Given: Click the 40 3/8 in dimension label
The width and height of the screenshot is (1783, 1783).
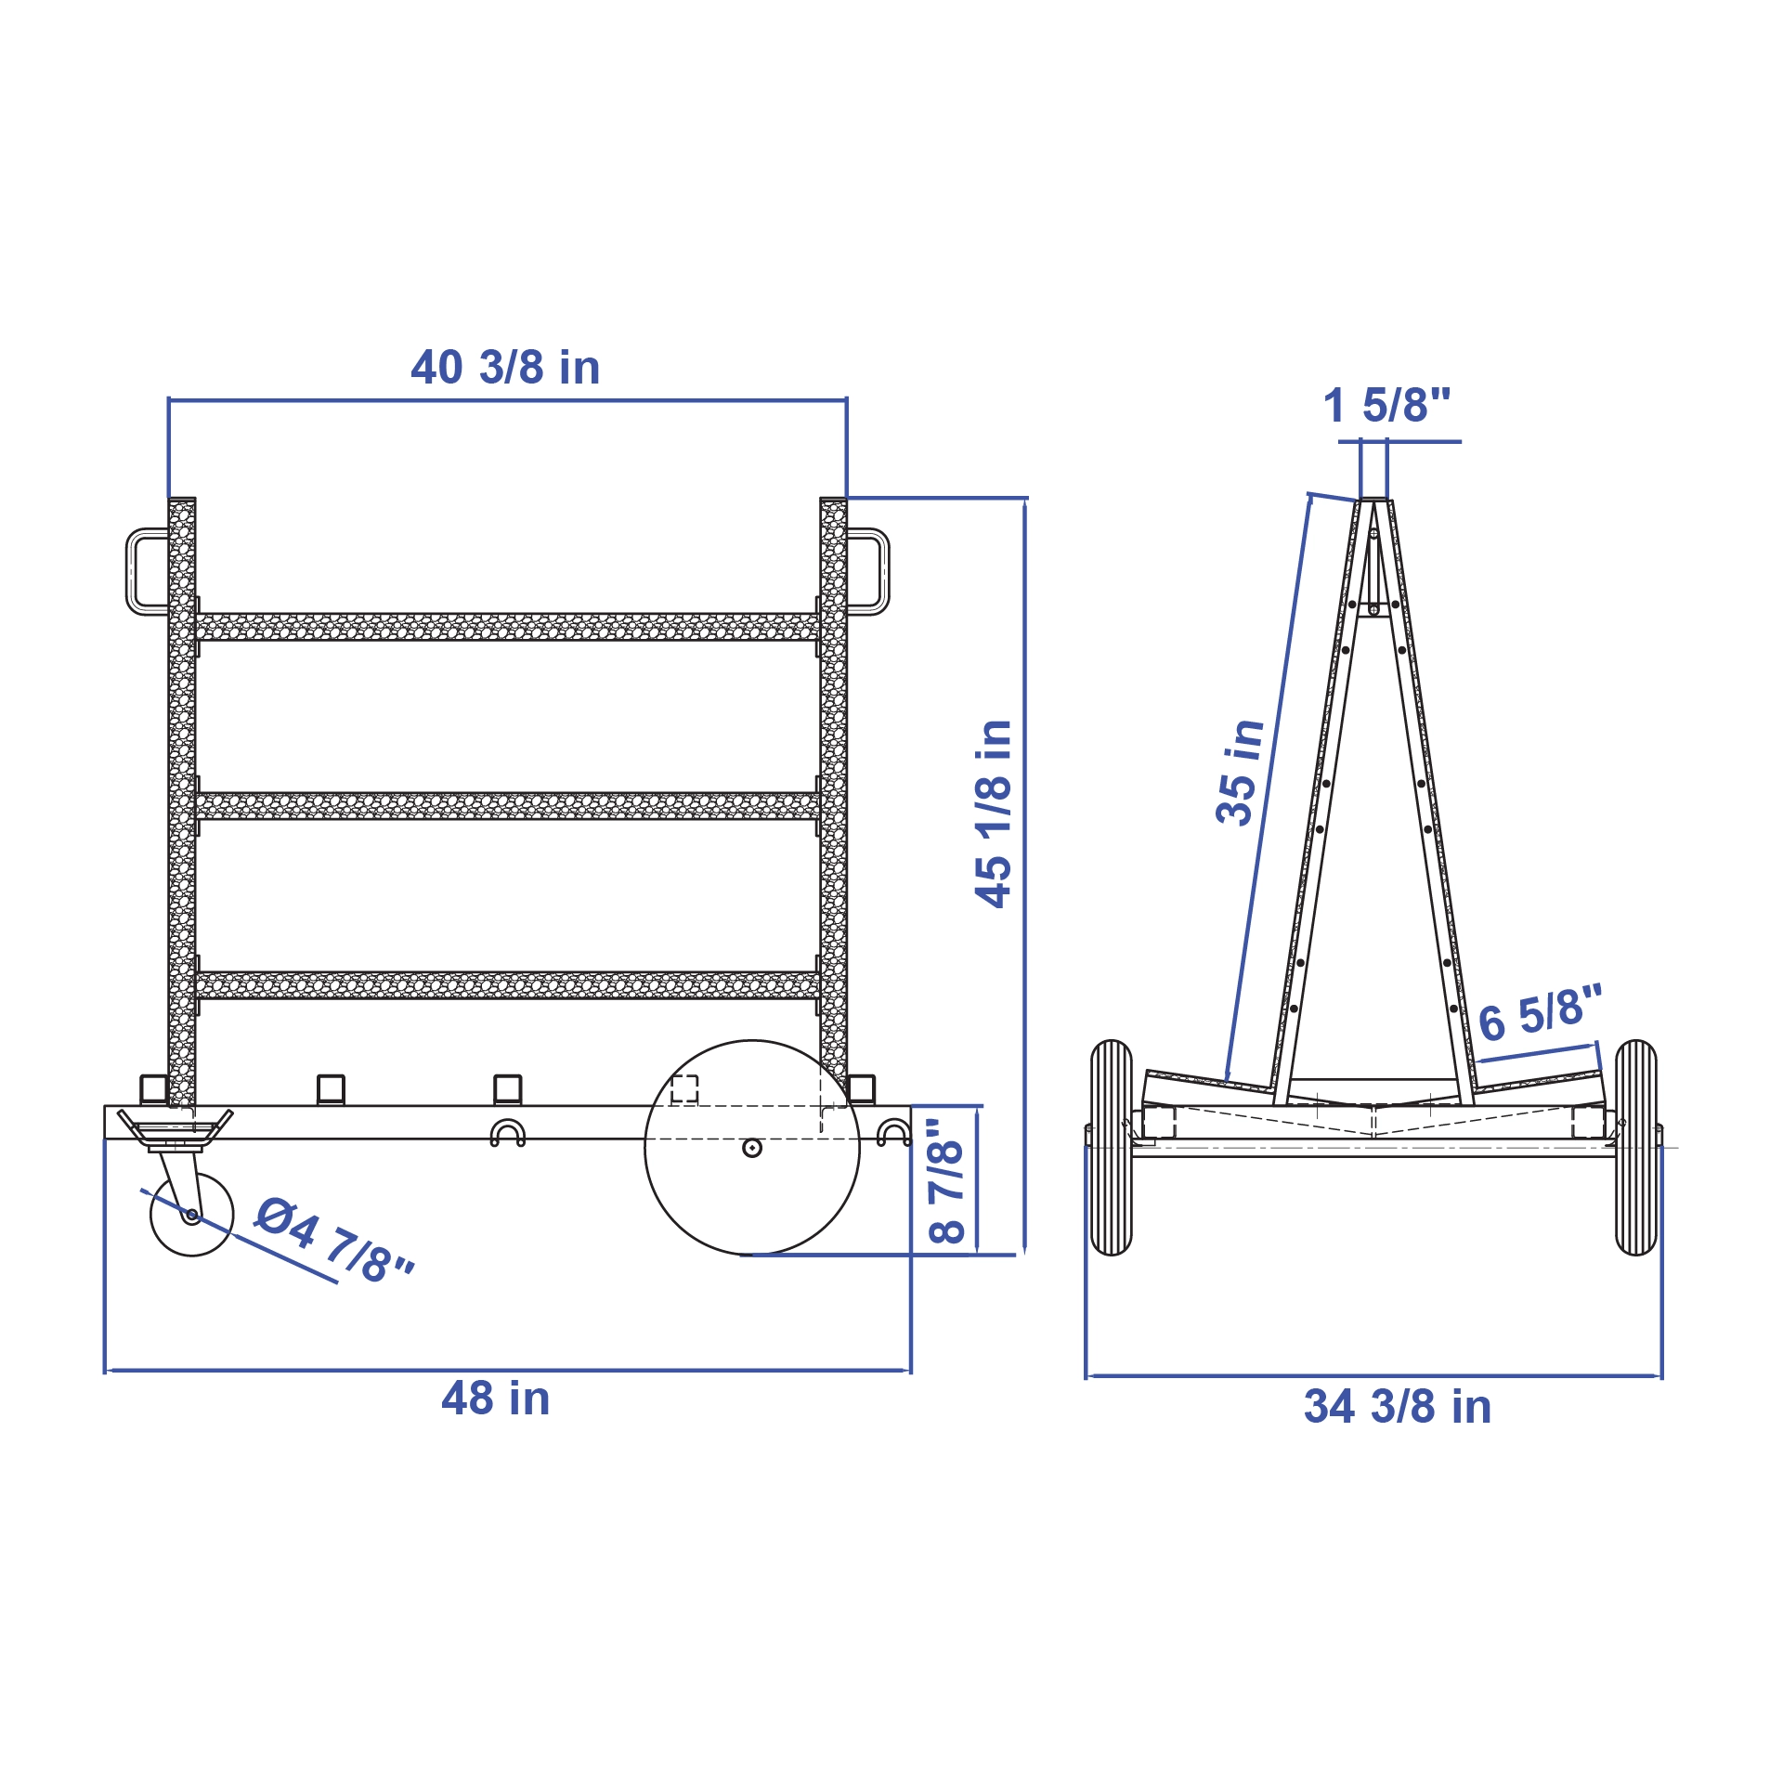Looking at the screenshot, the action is (505, 368).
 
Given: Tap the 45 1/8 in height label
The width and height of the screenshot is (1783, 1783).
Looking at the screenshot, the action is (994, 813).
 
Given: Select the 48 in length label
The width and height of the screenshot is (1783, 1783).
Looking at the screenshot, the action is (496, 1399).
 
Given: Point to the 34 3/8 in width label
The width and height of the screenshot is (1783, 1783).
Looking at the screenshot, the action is (1398, 1407).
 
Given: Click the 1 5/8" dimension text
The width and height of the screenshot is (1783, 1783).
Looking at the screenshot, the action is (1387, 405).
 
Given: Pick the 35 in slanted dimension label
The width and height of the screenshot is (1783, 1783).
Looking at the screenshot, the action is (1240, 772).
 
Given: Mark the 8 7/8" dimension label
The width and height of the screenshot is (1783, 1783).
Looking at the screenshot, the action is (947, 1180).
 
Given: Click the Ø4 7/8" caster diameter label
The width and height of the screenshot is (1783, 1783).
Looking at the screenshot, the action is (335, 1240).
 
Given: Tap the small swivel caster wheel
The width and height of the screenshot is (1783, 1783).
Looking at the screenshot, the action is (192, 1215).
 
